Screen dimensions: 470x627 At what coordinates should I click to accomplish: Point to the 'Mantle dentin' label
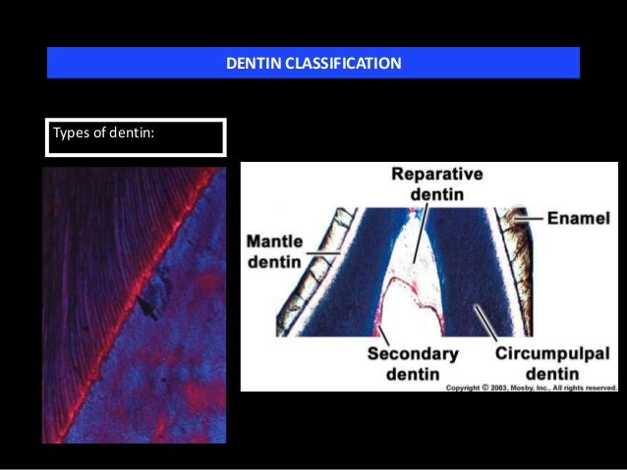(274, 251)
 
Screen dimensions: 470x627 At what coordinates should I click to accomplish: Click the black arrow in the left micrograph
(146, 308)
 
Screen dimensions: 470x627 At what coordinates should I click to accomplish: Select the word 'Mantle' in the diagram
(274, 241)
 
